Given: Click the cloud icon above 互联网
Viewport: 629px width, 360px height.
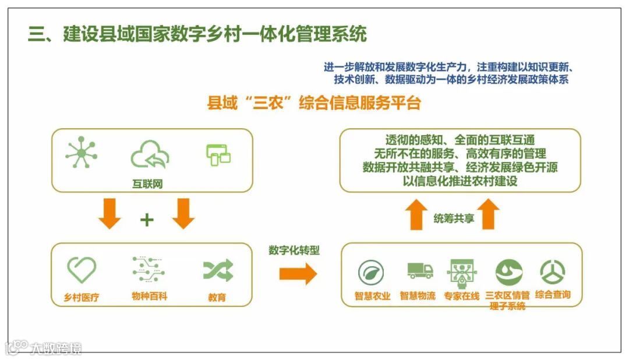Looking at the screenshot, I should click(150, 154).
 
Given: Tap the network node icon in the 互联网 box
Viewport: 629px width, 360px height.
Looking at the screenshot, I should click(82, 154).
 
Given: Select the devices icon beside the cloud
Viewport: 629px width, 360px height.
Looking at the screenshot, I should click(218, 154).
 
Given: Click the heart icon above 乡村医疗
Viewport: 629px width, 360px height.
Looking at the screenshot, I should click(82, 270).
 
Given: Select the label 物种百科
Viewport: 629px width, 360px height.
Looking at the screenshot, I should click(149, 297).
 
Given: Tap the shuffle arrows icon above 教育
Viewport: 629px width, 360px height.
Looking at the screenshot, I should click(218, 270).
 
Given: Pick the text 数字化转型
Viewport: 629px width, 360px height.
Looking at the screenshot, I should click(294, 250).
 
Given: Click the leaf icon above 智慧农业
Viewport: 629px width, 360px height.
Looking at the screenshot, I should click(370, 272).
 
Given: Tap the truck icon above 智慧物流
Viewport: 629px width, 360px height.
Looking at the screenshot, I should click(420, 271).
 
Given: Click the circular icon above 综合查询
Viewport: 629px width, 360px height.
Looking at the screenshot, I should click(552, 272).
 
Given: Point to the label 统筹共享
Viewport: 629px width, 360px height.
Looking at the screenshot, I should click(454, 218).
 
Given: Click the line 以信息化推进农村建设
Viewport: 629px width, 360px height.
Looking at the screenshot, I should click(460, 181).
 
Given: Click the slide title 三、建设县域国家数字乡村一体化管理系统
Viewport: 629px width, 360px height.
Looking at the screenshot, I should click(198, 34).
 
